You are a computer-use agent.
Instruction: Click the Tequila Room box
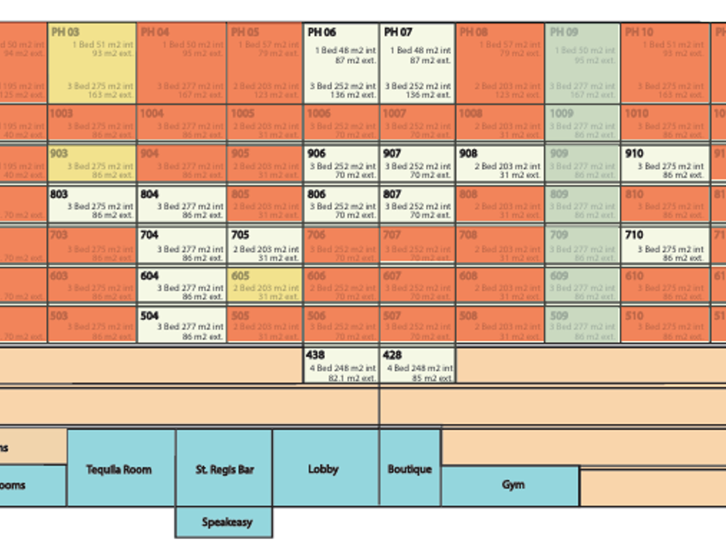120,468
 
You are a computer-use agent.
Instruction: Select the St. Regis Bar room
224,468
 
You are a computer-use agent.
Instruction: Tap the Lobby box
325,468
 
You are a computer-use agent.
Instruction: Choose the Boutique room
410,468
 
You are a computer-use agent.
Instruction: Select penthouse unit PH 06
341,63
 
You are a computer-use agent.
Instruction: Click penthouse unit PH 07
417,63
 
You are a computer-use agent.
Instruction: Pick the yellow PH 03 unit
92,63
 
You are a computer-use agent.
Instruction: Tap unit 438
341,366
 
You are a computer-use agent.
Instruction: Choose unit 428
417,366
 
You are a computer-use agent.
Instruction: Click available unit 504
181,326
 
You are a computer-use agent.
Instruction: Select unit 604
181,287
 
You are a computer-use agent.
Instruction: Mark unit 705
264,246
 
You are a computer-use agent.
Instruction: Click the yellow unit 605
264,287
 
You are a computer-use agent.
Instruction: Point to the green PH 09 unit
582,63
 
